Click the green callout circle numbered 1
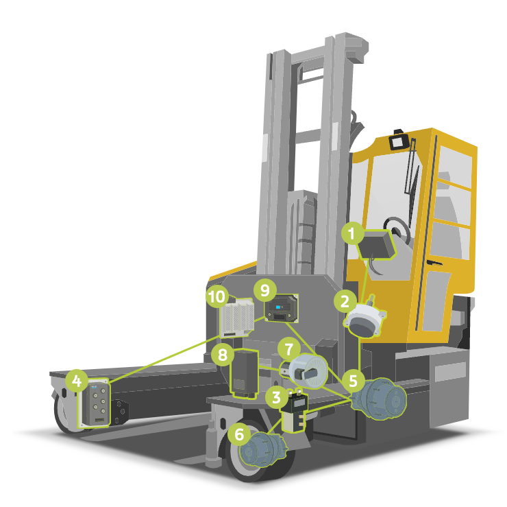[x=353, y=234]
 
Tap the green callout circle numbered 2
[x=343, y=300]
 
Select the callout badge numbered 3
[x=277, y=395]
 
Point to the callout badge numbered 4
[x=77, y=379]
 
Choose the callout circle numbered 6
[x=239, y=434]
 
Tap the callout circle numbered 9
[x=264, y=290]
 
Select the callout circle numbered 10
[x=217, y=296]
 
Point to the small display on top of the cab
[x=398, y=142]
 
